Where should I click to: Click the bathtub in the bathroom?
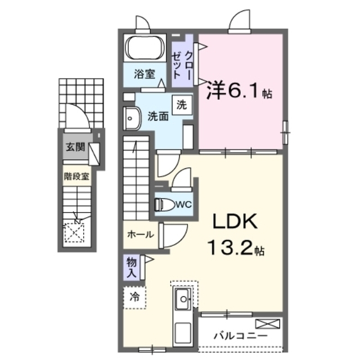point(145,48)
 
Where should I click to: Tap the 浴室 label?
point(145,74)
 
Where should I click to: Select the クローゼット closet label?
point(182,65)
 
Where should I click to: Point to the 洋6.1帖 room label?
point(240,91)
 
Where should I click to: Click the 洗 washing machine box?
point(182,105)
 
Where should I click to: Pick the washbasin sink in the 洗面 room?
point(132,119)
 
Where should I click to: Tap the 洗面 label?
point(158,116)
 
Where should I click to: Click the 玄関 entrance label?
point(75,147)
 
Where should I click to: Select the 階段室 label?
point(76,176)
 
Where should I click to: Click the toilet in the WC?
point(165,204)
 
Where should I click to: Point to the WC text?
point(184,204)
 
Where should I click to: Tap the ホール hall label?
point(141,235)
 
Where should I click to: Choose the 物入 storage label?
point(132,267)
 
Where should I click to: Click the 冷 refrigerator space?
point(134,298)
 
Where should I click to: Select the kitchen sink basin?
point(183,299)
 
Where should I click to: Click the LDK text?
point(235,221)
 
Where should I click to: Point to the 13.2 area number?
point(231,247)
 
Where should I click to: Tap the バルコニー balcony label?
point(241,336)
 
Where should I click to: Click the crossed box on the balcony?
point(268,324)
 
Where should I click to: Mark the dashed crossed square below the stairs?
point(74,233)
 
